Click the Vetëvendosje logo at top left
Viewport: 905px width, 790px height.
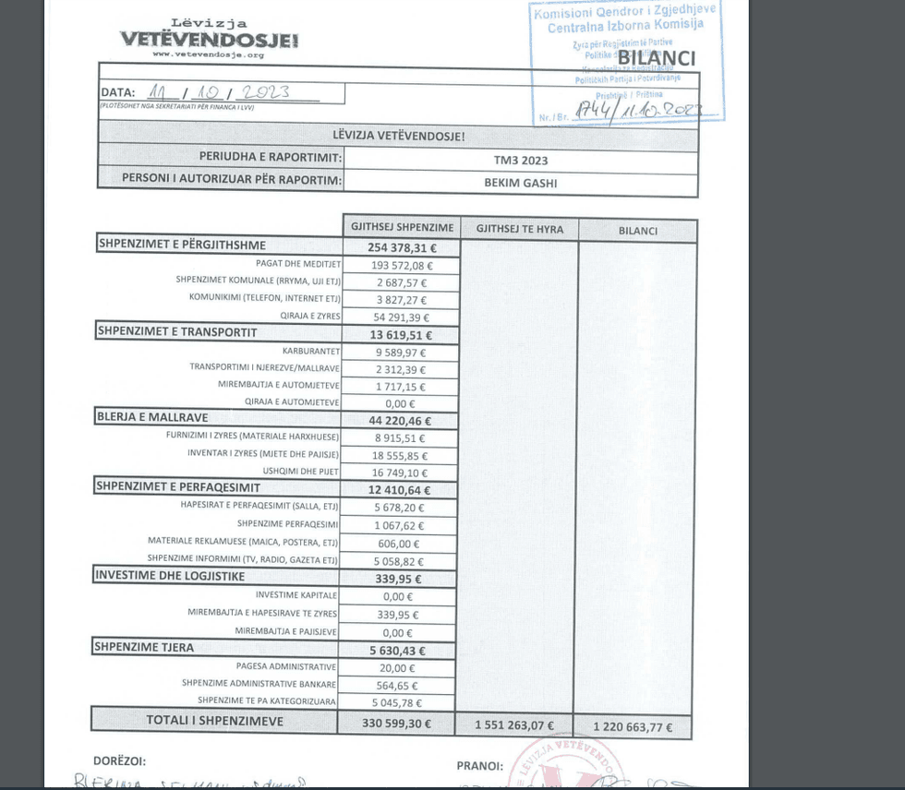click(x=209, y=38)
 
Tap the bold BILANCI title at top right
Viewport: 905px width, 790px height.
click(x=656, y=58)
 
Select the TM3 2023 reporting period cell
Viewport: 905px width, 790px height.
click(x=520, y=160)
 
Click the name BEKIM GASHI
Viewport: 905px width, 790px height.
click(x=520, y=183)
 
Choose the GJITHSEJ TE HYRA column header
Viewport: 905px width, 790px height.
click(x=519, y=229)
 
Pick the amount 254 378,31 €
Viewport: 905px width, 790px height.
click(x=401, y=247)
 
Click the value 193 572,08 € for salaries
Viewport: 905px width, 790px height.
click(x=401, y=265)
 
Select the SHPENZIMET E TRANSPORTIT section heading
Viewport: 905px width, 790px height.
click(x=176, y=332)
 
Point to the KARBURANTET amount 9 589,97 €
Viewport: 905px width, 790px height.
click(x=401, y=353)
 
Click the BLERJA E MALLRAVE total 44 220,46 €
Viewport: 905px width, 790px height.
click(x=400, y=421)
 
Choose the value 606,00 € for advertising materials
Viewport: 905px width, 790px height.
click(x=399, y=544)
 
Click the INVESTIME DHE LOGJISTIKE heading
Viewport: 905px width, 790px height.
click(x=170, y=576)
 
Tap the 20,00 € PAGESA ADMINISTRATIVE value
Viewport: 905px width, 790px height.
click(x=398, y=668)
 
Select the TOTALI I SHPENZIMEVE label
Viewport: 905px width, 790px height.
click(x=214, y=720)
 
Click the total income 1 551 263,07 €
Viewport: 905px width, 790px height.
click(x=514, y=724)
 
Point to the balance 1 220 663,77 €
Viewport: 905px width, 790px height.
click(x=633, y=726)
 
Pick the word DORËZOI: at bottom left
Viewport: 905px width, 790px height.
click(x=120, y=761)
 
